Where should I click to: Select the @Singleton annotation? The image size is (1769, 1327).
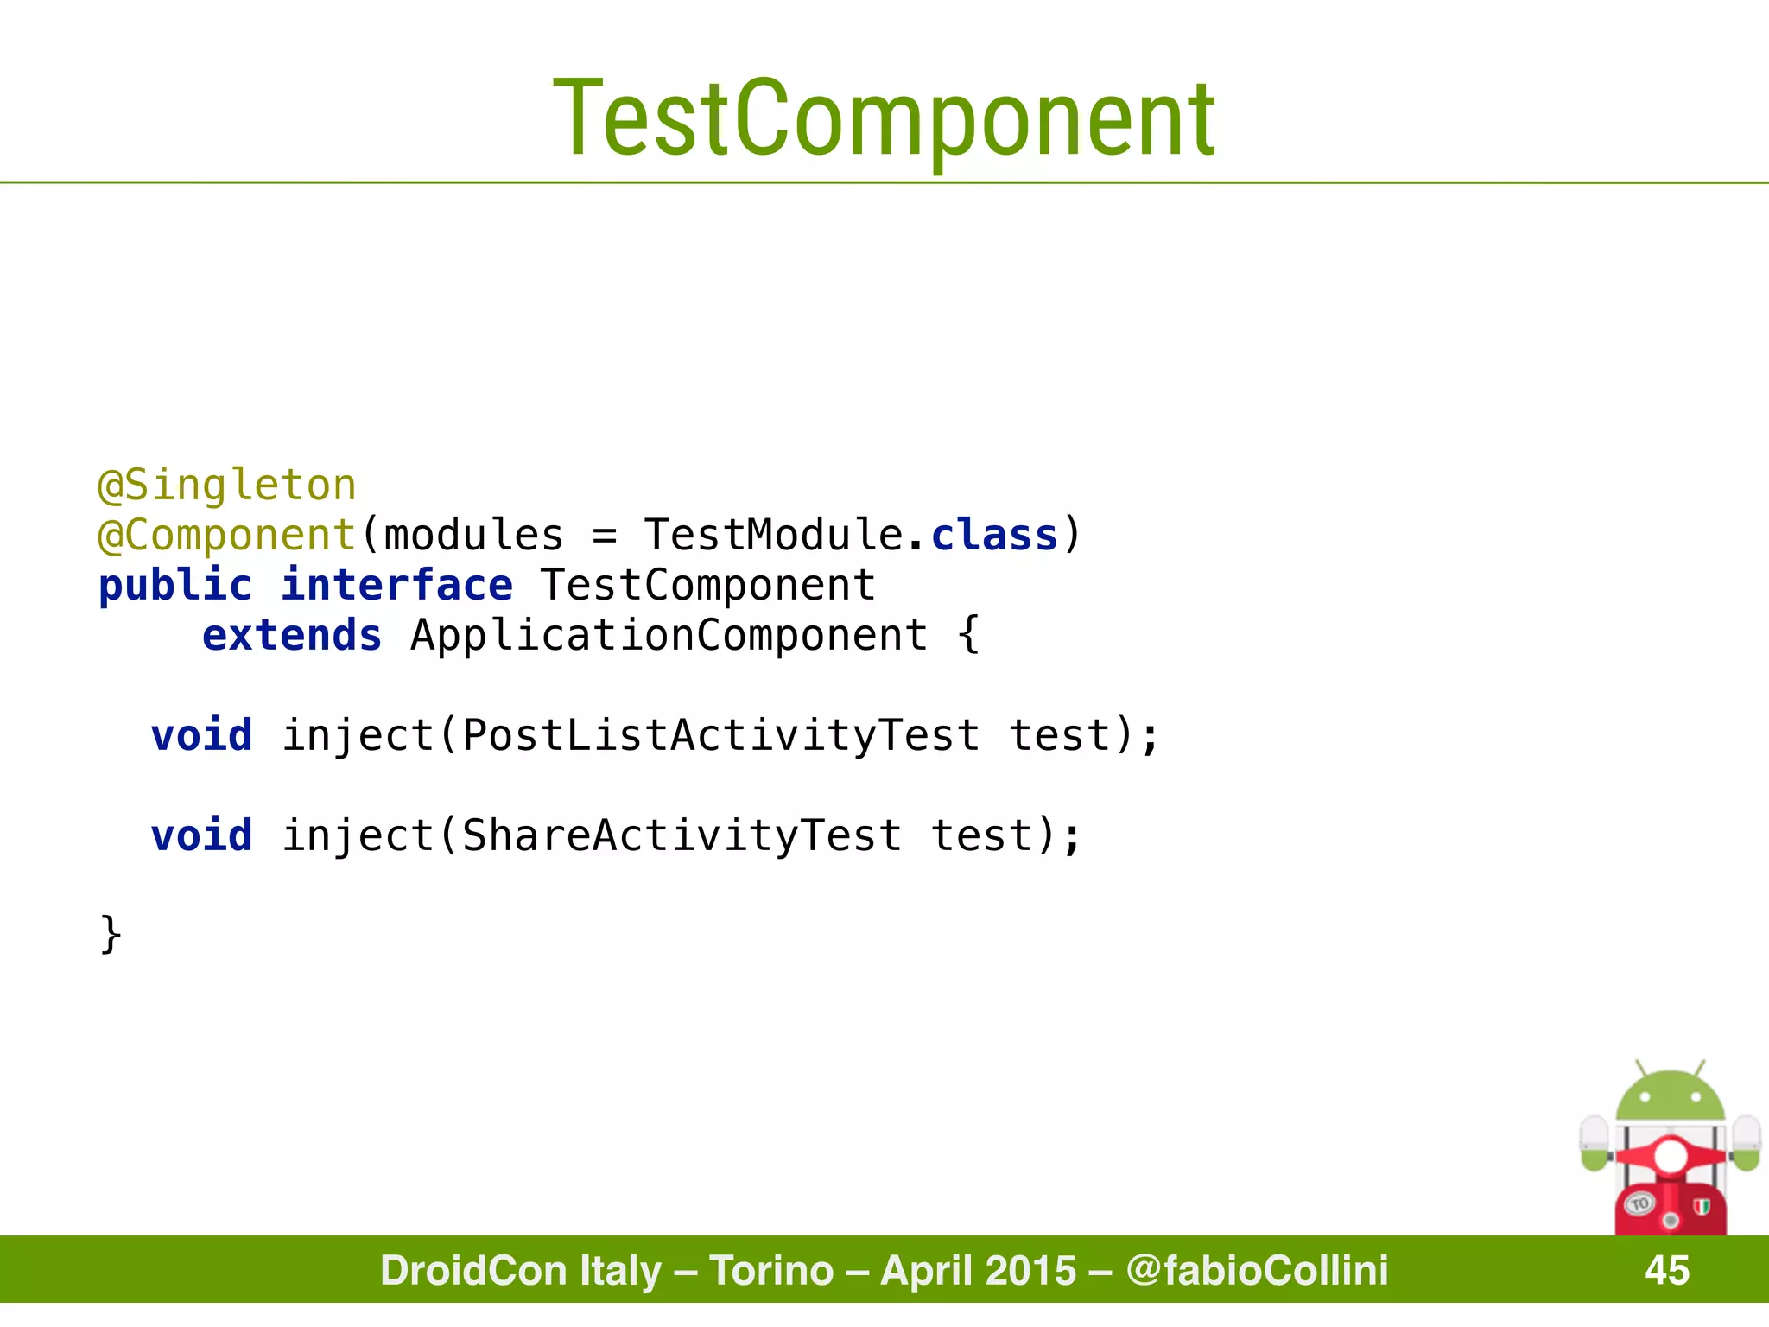(227, 486)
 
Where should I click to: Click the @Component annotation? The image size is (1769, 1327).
(227, 536)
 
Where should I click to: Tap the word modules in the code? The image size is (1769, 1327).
(473, 536)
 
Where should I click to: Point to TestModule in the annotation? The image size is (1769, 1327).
(773, 536)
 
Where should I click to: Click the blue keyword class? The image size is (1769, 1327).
(994, 536)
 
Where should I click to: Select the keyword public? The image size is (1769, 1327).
(175, 586)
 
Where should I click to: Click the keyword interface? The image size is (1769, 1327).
(396, 586)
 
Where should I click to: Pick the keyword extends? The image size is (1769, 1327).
(292, 636)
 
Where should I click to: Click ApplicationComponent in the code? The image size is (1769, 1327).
(669, 636)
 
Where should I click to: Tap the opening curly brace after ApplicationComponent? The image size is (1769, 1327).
(969, 636)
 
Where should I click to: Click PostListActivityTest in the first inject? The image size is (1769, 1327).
(720, 736)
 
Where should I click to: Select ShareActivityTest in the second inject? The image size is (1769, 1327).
(682, 836)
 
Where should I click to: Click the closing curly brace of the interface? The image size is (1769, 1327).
(111, 935)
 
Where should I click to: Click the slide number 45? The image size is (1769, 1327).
(1667, 1270)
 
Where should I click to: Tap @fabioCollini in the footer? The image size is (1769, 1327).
(1257, 1270)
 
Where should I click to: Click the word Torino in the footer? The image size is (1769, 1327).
(771, 1270)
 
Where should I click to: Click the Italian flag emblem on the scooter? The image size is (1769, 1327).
(1702, 1207)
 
